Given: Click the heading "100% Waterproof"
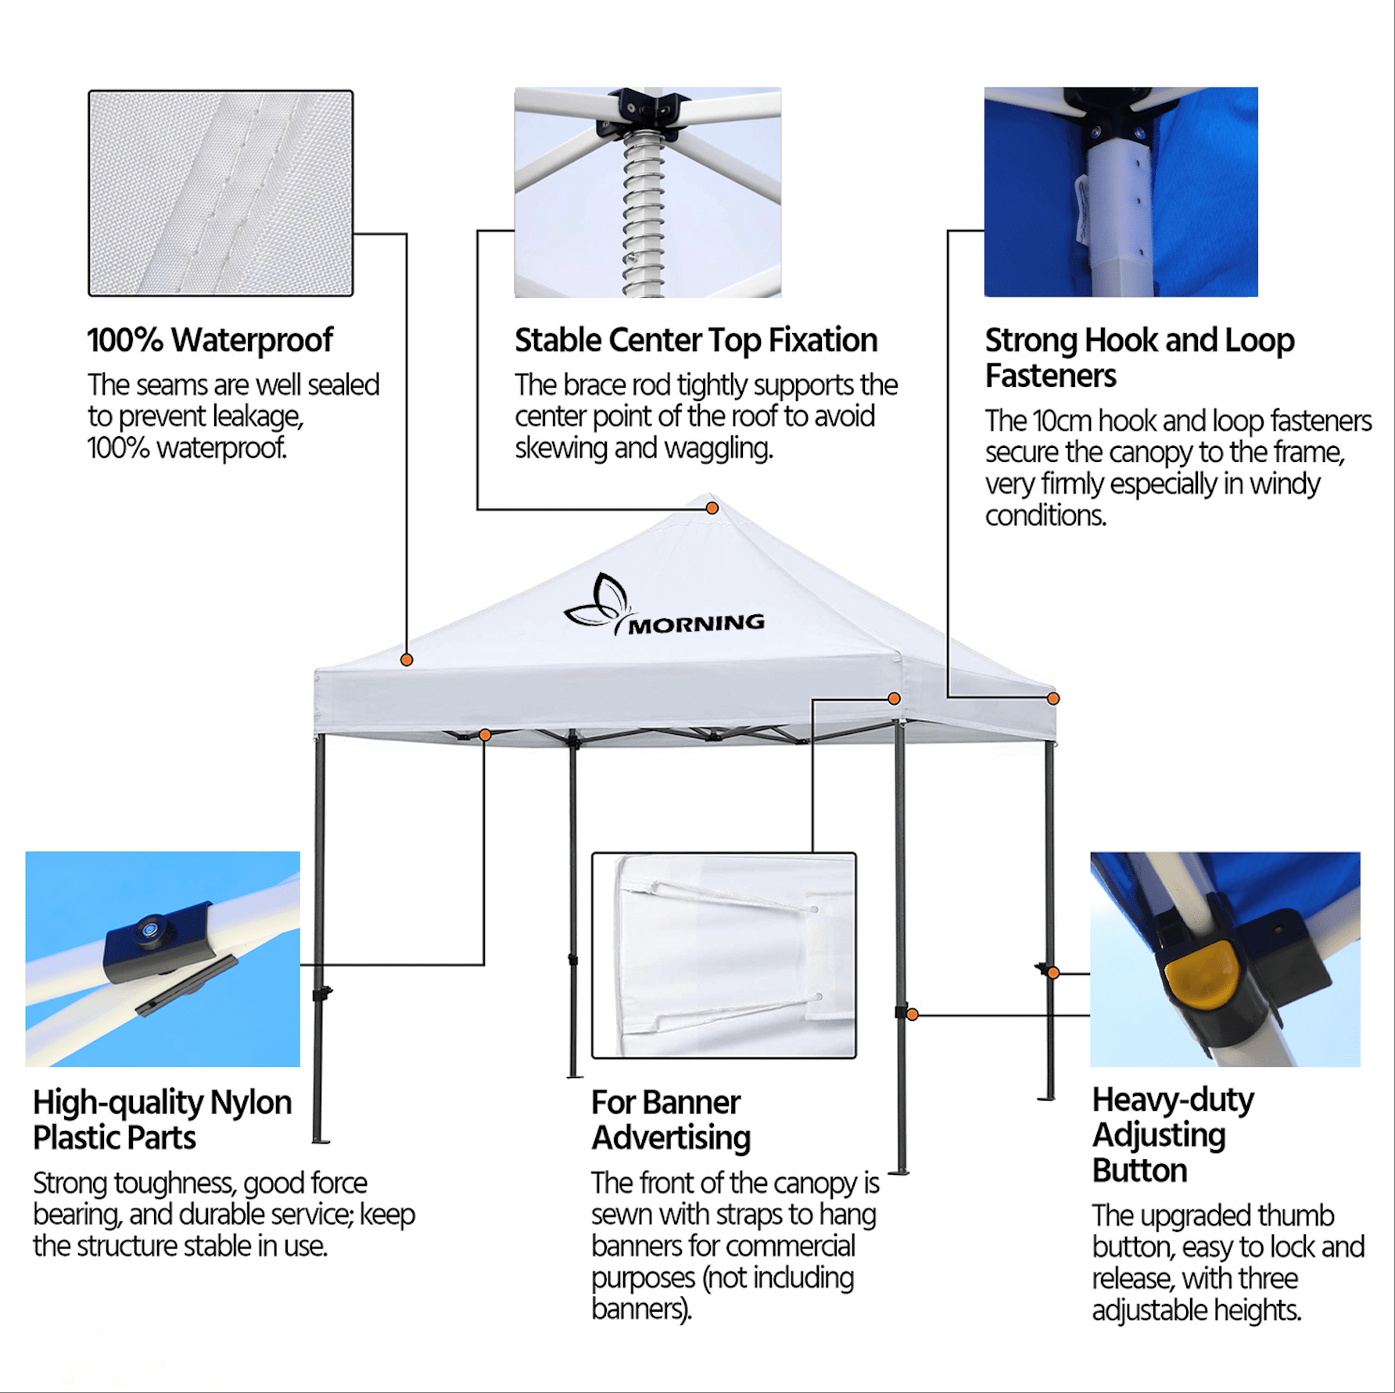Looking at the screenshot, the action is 210,340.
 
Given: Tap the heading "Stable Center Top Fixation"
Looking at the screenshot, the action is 696,341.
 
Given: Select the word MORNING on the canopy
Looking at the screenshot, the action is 697,624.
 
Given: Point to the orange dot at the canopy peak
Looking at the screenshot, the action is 712,508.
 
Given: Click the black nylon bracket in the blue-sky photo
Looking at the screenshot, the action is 160,942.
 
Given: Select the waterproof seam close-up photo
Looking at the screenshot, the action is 221,193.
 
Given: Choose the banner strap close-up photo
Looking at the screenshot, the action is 724,955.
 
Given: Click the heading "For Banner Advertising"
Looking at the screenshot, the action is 671,1120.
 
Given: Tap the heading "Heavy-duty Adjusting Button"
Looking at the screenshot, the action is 1173,1135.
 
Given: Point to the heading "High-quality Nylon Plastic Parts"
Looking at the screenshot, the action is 162,1120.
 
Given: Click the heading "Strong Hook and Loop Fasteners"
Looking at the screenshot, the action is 1139,358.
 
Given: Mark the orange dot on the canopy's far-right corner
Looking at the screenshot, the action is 1053,698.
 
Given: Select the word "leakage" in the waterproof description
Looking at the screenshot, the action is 258,417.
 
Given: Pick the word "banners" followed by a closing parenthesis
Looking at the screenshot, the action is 642,1309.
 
